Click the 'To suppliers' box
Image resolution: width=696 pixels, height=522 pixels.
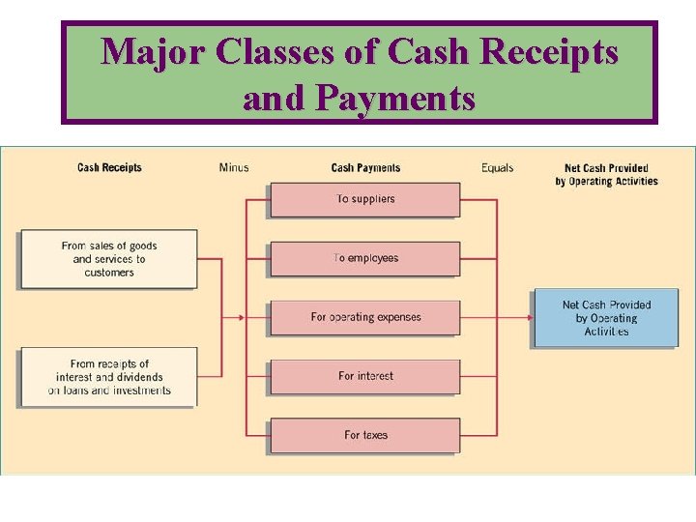point(364,199)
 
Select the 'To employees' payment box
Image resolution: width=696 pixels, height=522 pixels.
point(364,258)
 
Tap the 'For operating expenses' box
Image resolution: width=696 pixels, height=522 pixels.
point(364,317)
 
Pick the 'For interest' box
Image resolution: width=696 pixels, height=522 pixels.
point(364,376)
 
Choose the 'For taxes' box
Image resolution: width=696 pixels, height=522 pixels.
point(364,435)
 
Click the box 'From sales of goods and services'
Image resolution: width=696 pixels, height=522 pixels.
point(108,259)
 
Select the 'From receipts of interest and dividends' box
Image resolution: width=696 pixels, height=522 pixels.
point(108,377)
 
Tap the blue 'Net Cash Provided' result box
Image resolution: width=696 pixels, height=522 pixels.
point(606,318)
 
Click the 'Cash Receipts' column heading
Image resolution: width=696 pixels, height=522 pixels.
point(109,168)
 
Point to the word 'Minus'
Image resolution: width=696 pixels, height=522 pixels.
point(234,168)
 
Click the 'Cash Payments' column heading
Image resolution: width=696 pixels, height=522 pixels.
point(365,168)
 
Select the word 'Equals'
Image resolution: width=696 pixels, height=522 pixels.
point(498,168)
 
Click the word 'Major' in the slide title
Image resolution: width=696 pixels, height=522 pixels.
point(155,52)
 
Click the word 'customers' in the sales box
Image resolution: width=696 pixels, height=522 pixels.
point(109,273)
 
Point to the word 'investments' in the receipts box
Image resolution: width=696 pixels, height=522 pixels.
point(141,391)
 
